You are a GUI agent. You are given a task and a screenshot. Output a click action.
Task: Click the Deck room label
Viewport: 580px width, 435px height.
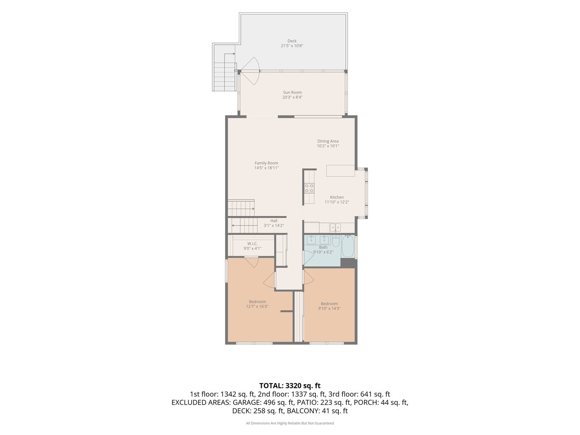point(292,41)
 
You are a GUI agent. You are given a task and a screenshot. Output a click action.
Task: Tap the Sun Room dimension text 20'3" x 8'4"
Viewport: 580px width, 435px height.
point(292,97)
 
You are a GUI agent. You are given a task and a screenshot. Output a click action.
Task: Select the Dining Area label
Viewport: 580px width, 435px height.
point(327,141)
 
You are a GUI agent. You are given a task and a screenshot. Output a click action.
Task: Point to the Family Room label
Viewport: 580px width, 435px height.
point(266,163)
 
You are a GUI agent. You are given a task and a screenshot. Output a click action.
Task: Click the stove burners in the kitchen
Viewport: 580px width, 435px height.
point(309,188)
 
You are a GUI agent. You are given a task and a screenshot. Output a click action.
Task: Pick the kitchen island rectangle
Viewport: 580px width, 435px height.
point(340,171)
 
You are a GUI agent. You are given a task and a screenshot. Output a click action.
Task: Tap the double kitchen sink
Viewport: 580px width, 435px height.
point(335,228)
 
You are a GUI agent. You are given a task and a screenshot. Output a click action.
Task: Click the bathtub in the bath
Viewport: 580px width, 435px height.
point(348,246)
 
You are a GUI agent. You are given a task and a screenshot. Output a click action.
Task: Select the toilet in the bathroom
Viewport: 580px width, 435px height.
point(336,241)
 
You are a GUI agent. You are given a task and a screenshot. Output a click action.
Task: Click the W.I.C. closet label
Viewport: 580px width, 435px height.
point(253,244)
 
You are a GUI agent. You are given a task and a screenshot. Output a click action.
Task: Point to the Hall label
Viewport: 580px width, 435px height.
point(274,221)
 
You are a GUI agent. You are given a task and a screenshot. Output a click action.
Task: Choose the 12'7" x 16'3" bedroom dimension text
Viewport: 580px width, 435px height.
point(257,307)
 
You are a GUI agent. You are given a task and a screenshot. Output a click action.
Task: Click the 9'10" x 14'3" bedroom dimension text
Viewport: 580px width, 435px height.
point(329,308)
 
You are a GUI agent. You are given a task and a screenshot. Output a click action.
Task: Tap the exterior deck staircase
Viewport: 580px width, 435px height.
point(224,77)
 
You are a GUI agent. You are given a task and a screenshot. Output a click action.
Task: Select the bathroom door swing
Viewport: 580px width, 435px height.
point(309,257)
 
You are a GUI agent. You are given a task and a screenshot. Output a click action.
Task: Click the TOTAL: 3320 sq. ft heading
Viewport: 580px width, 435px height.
point(290,385)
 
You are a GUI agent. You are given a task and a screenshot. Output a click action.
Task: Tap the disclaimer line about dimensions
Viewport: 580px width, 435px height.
point(290,423)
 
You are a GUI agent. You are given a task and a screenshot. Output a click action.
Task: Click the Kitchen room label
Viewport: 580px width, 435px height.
point(337,197)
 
